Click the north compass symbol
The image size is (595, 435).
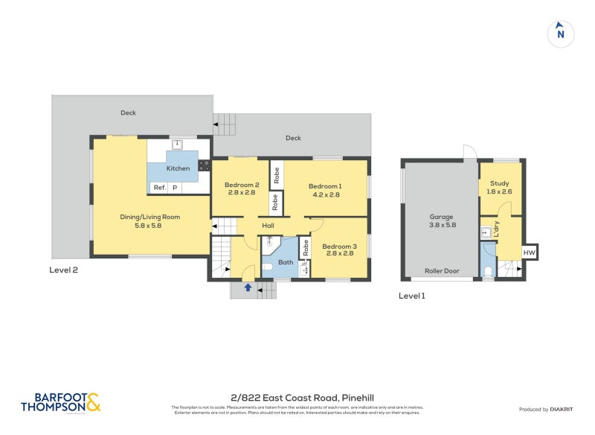click(x=561, y=33)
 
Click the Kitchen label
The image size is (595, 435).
click(x=178, y=168)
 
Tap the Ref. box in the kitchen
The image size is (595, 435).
click(x=159, y=188)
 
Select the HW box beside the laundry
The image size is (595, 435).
click(x=529, y=253)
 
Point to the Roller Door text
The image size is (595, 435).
click(x=440, y=271)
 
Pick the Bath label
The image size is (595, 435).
click(x=286, y=262)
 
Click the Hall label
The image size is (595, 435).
click(x=268, y=225)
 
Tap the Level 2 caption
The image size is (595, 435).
click(x=63, y=270)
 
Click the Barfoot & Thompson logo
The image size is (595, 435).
click(x=60, y=402)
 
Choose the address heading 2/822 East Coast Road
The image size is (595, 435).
click(x=297, y=399)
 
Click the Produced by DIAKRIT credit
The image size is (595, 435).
click(x=549, y=410)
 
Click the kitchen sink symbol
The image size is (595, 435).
click(x=178, y=145)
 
